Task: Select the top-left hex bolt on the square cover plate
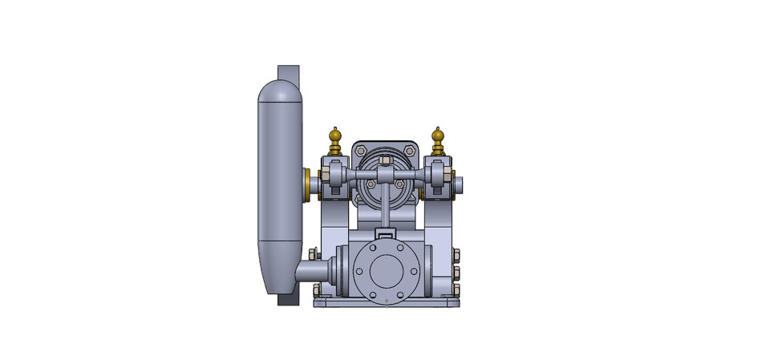pyautogui.click(x=362, y=149)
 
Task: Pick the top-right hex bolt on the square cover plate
pyautogui.click(x=410, y=149)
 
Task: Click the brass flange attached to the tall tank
pyautogui.click(x=308, y=185)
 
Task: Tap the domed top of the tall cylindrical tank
pyautogui.click(x=278, y=91)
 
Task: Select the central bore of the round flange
pyautogui.click(x=386, y=272)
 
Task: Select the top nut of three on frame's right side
pyautogui.click(x=456, y=256)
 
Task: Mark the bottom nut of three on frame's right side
pyautogui.click(x=456, y=289)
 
